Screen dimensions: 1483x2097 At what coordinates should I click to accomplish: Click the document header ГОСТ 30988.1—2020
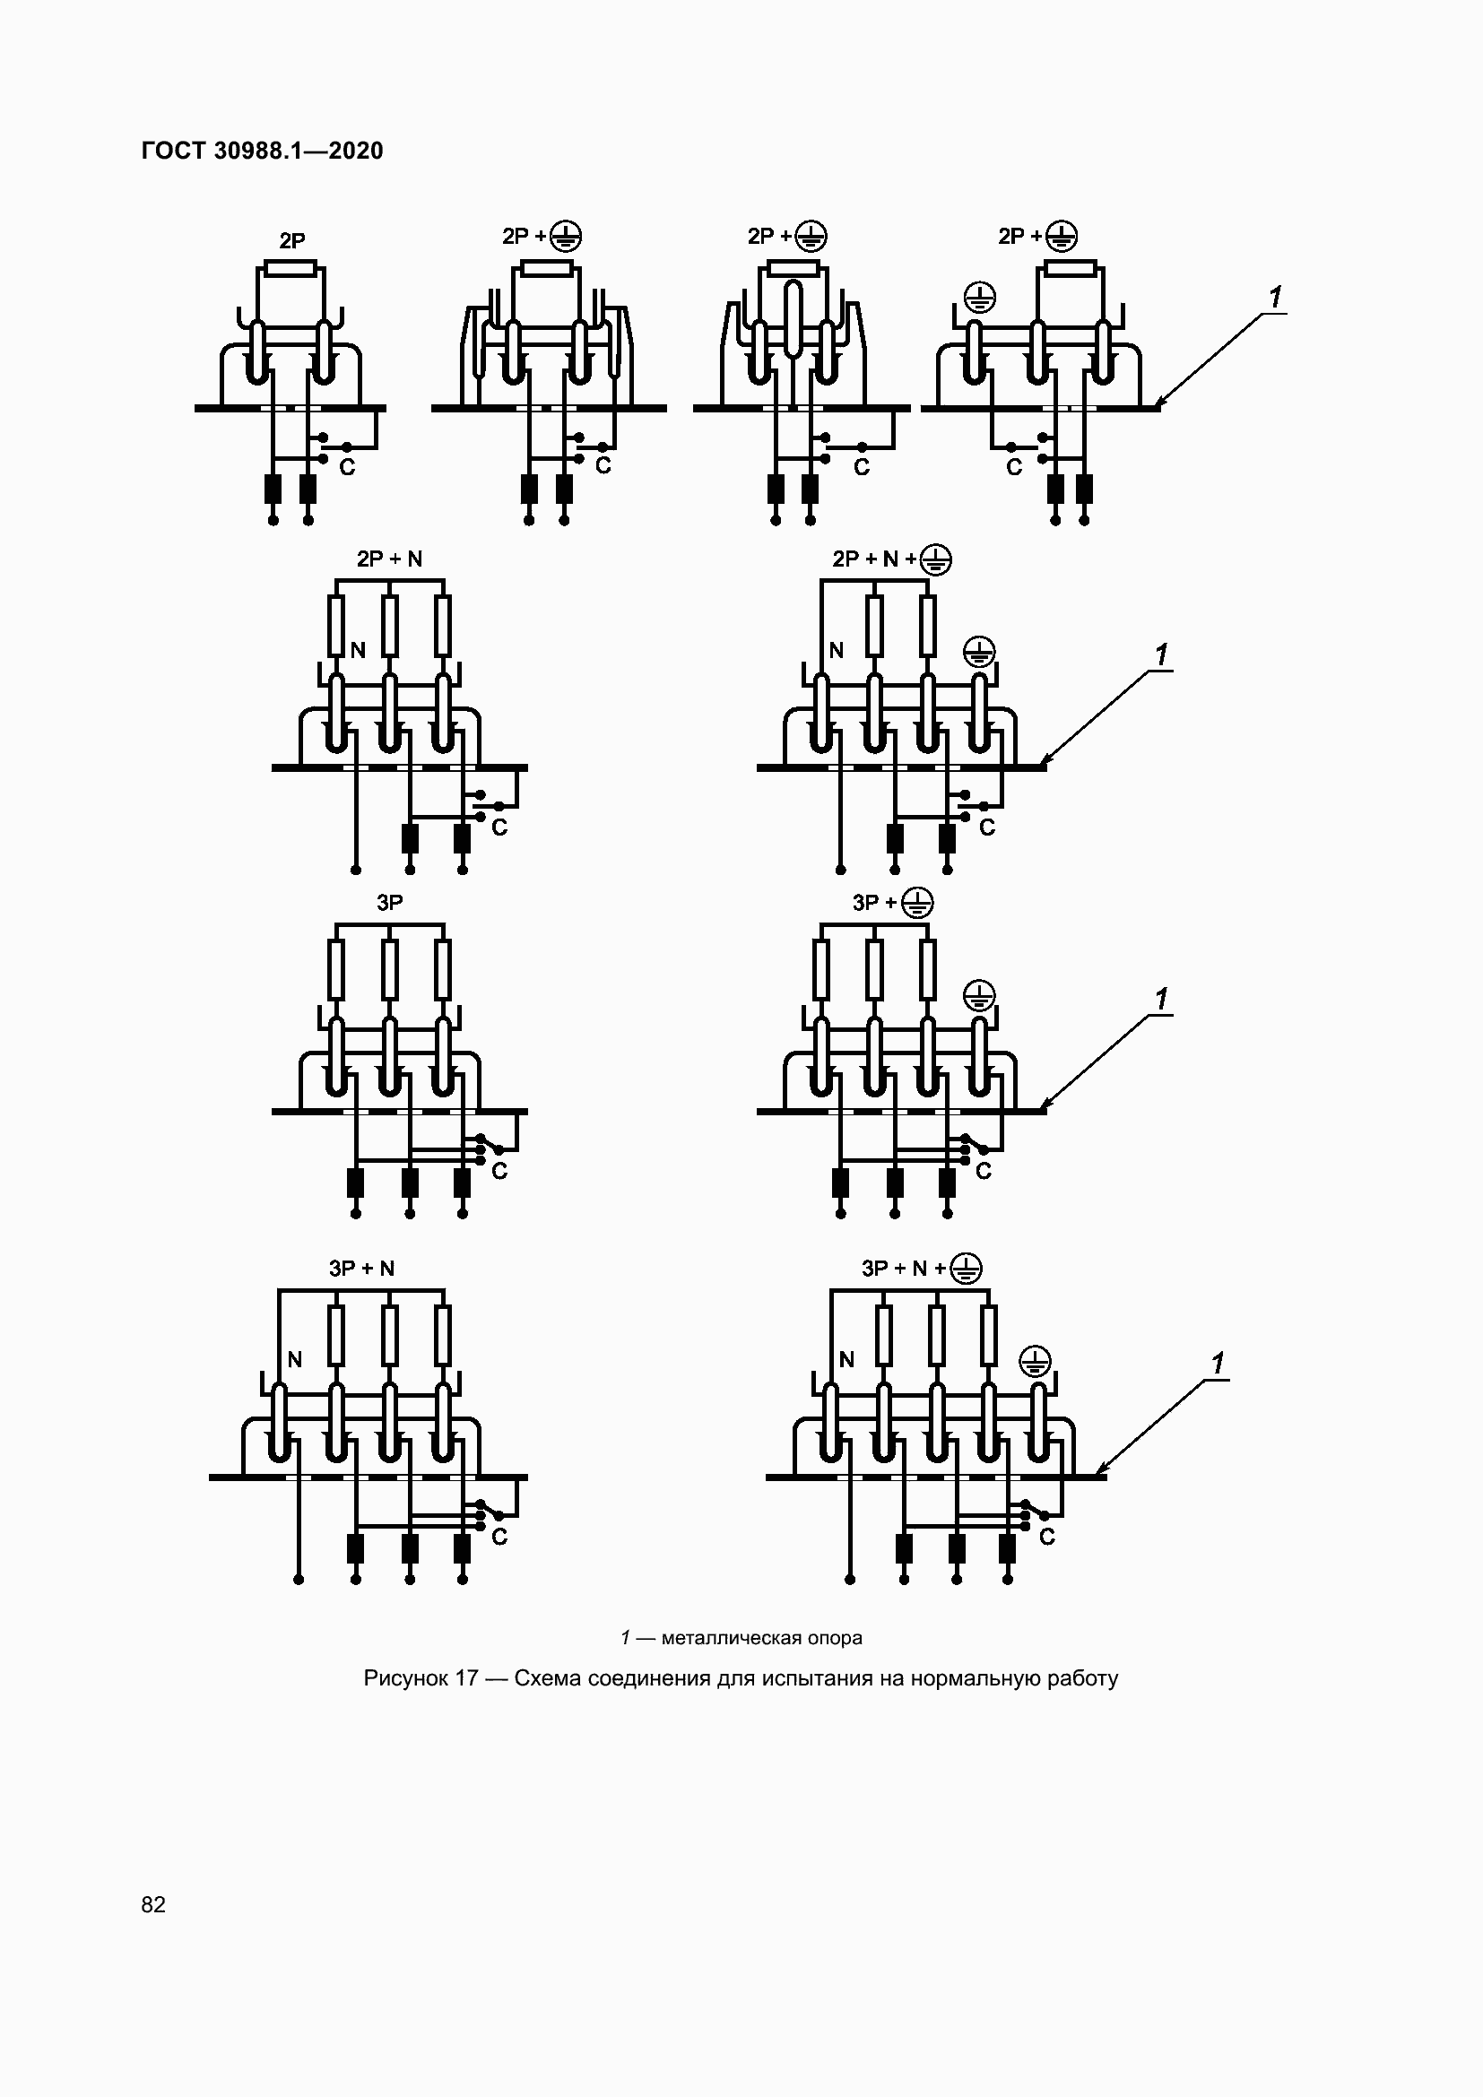point(262,151)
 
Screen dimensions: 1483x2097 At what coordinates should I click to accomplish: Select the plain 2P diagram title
point(292,241)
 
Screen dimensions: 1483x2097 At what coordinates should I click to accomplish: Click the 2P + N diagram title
point(390,559)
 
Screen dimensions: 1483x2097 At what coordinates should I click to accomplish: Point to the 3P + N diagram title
point(361,1269)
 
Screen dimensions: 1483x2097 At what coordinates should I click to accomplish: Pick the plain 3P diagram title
point(390,903)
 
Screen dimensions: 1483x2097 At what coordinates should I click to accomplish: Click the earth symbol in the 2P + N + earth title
point(936,559)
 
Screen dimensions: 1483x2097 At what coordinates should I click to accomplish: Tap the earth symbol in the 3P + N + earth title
point(967,1269)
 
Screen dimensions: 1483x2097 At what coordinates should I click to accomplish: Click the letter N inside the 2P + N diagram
point(358,650)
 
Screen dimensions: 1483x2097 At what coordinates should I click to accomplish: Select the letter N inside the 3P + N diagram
point(295,1360)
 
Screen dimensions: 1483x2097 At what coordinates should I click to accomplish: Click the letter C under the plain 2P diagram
point(347,468)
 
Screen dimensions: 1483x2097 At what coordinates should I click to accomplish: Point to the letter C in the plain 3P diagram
point(499,1171)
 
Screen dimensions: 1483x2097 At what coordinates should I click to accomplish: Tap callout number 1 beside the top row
point(1276,297)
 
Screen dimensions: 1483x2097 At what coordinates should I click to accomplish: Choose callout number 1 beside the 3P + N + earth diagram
point(1218,1364)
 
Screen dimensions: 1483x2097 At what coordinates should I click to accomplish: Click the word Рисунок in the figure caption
point(407,1678)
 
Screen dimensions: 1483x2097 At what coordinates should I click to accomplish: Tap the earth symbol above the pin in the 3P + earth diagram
point(980,995)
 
